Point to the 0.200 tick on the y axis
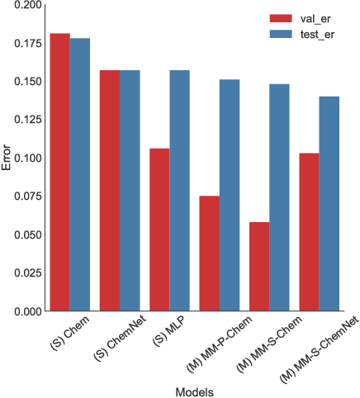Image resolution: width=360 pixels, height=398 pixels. click(x=28, y=5)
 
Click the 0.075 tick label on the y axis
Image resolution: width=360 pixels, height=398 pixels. click(x=28, y=197)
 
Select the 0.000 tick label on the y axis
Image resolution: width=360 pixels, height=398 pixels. click(x=28, y=311)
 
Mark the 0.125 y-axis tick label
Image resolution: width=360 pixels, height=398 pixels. click(x=28, y=120)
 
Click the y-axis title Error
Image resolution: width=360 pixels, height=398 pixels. click(x=7, y=158)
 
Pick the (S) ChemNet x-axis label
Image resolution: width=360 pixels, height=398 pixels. click(x=112, y=340)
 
